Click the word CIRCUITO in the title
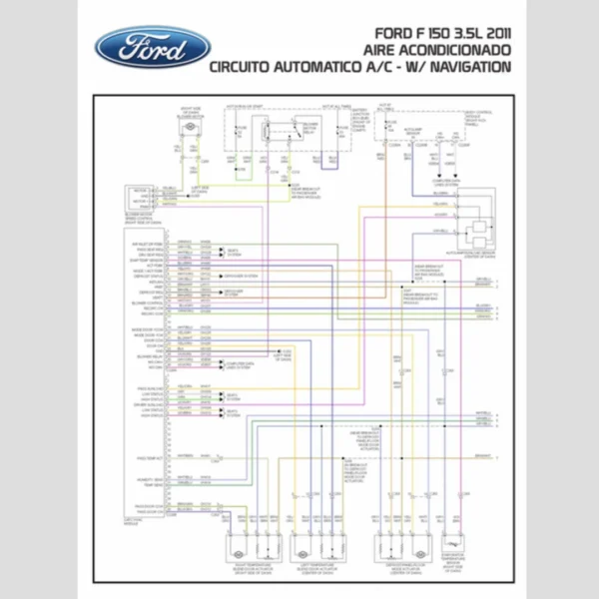pyautogui.click(x=248, y=68)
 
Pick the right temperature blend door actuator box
pyautogui.click(x=239, y=544)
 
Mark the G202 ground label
pyautogui.click(x=286, y=353)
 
